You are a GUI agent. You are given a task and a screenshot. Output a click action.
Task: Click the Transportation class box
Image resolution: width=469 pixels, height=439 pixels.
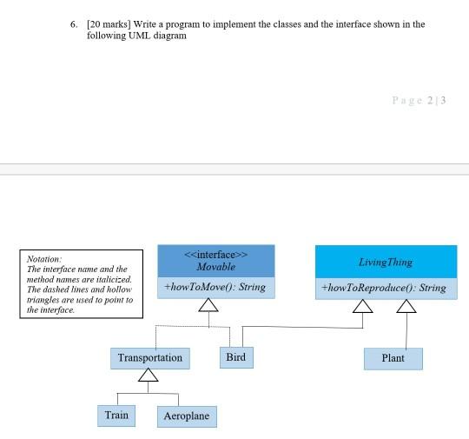coord(150,357)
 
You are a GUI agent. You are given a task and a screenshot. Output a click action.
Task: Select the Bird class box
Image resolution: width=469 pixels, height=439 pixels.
coord(235,357)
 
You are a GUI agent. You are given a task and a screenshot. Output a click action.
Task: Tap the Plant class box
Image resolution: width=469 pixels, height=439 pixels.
coord(393,358)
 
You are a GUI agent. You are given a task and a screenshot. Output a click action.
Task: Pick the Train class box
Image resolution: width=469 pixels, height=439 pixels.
coord(116,416)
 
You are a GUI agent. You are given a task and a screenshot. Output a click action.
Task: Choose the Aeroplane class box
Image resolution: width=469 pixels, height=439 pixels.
coord(187,417)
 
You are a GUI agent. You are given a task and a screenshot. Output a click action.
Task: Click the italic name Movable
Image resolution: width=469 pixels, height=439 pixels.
coord(216,266)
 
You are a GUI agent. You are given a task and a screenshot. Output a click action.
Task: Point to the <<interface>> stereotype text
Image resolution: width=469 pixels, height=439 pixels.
coord(216,254)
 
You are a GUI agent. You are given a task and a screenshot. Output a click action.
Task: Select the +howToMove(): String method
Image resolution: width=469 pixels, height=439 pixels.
coord(215,287)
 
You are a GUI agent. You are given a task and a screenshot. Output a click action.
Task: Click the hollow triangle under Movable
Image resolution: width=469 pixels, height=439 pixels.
coord(208,304)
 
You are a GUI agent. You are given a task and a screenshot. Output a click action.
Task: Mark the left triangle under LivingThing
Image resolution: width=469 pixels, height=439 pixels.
coord(364,305)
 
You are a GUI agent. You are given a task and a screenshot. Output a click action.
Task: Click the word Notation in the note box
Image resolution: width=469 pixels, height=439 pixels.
coord(44,259)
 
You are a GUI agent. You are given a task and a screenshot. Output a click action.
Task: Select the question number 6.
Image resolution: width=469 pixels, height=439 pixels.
coord(75,24)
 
